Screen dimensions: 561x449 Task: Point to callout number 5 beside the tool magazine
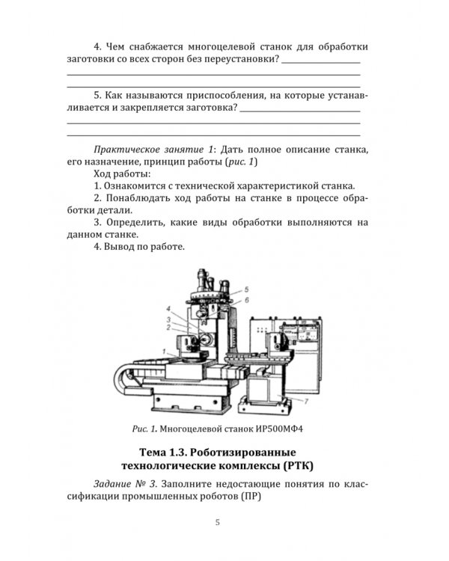[x=245, y=289]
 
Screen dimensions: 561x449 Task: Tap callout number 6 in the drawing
[x=245, y=299]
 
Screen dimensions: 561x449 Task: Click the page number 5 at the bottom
[x=217, y=522]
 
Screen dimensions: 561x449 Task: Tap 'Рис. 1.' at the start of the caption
[x=147, y=430]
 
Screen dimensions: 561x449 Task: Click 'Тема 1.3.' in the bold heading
[x=165, y=453]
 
